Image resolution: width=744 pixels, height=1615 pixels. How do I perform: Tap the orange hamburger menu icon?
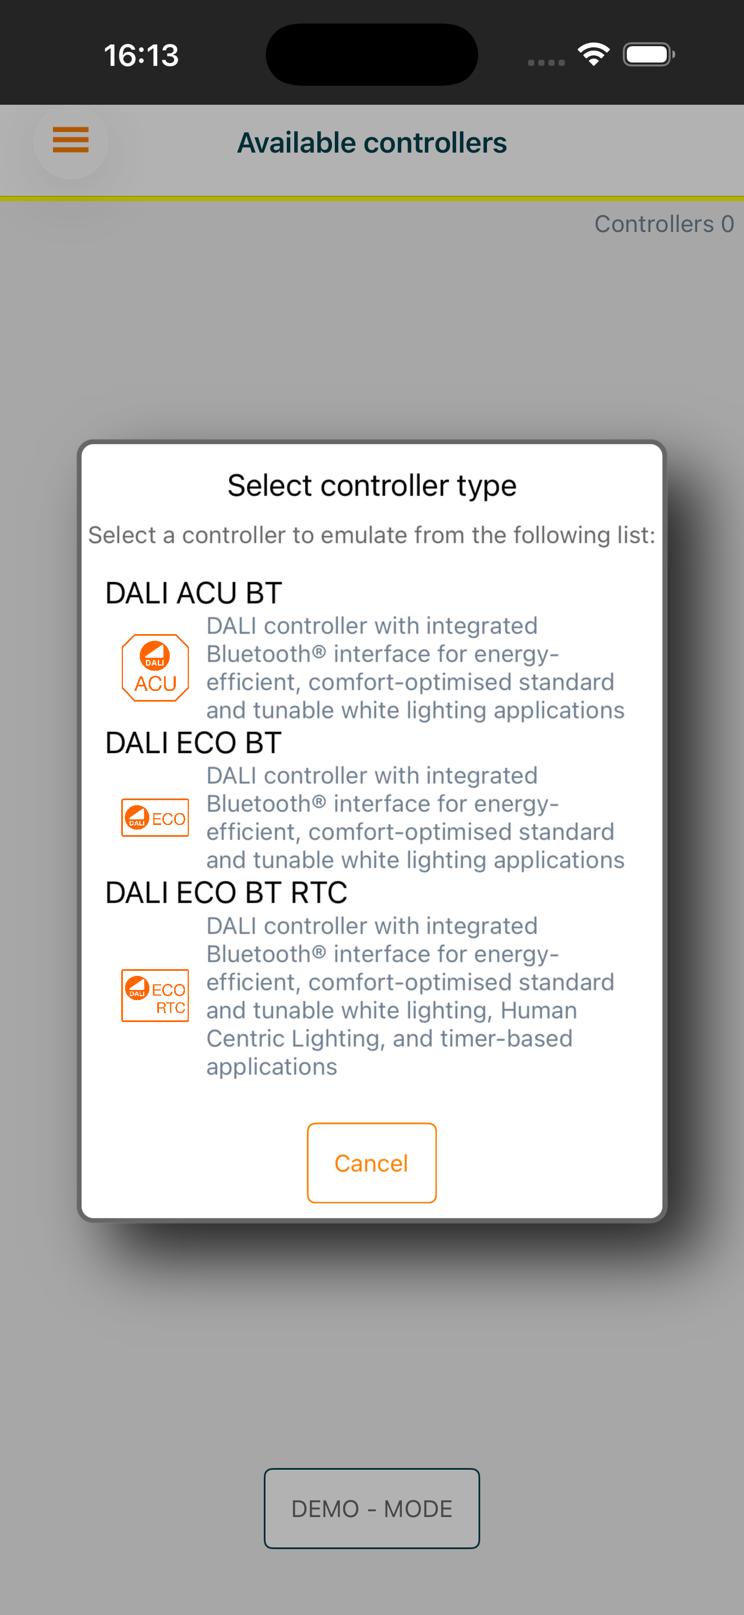pos(71,140)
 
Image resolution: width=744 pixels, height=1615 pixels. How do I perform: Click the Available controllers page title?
pos(372,143)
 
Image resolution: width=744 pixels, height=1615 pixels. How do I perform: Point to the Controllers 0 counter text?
pos(665,224)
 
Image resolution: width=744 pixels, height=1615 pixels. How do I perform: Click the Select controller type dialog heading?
pos(372,485)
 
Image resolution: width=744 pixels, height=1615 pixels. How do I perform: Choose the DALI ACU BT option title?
pos(194,593)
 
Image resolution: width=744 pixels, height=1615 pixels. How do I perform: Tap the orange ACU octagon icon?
pos(155,668)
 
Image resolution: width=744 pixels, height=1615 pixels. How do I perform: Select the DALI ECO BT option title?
pos(194,743)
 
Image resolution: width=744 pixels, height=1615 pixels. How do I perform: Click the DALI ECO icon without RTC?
pos(155,818)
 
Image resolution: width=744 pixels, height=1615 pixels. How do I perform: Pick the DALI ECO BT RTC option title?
pos(227,893)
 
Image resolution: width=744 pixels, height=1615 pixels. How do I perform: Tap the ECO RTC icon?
pos(155,996)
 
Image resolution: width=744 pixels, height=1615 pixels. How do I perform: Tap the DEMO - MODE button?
pos(372,1509)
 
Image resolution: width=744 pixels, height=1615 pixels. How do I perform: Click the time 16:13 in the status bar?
pos(141,55)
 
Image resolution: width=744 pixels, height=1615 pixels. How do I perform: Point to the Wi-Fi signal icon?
pos(594,55)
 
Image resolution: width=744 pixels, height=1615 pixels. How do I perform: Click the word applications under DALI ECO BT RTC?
pos(272,1067)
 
